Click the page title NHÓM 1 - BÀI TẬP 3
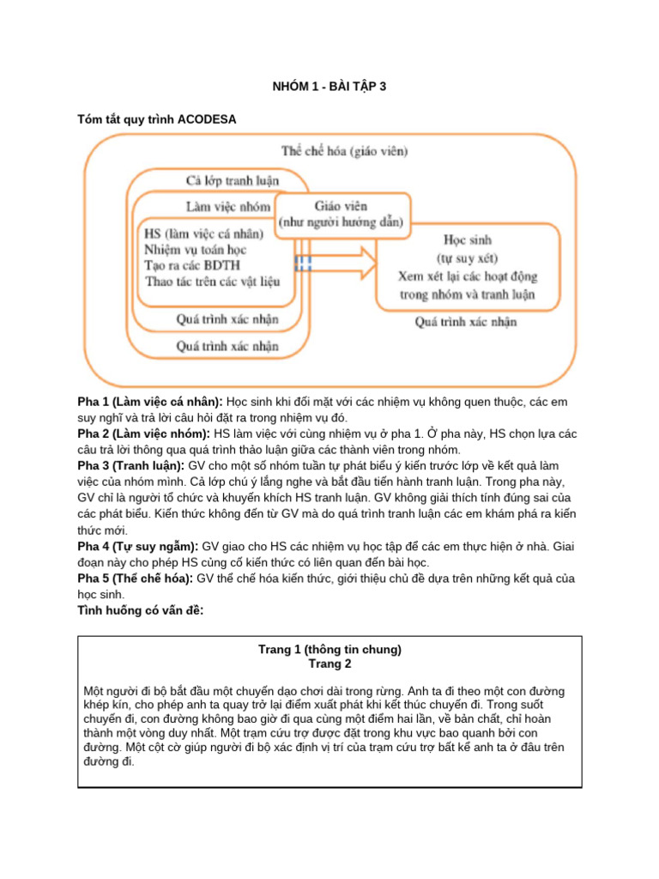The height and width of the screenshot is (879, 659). coord(329,86)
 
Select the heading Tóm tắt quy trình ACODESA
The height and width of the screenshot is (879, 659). coord(156,119)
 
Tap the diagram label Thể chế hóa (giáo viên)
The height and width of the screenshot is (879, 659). coord(345,151)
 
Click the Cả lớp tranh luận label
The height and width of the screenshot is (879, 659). coord(233,180)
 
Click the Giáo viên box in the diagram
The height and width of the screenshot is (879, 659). coord(329,214)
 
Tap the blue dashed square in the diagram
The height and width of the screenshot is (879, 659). coord(304,263)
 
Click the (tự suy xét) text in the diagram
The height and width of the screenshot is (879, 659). coord(467,258)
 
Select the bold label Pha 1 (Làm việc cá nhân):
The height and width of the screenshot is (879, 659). coord(150,402)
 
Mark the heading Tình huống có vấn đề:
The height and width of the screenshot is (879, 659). coord(141,609)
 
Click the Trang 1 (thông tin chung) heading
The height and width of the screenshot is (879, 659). coord(329,649)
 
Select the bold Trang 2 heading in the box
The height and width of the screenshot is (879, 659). coord(329,664)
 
